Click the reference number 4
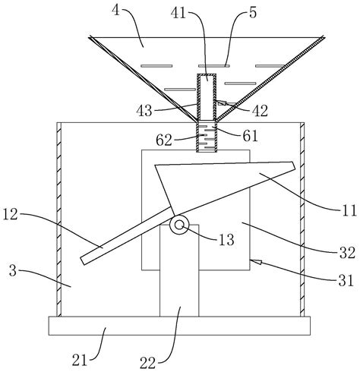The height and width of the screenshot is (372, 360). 115,11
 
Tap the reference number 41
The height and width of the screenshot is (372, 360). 178,13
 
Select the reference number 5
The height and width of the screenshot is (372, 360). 253,12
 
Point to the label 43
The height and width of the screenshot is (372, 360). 144,111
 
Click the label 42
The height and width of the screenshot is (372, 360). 260,111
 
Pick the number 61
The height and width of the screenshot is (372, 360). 250,136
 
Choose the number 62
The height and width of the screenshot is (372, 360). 164,140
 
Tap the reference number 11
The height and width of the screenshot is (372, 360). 349,210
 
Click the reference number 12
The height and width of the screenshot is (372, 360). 10,215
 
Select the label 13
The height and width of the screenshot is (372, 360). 226,240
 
